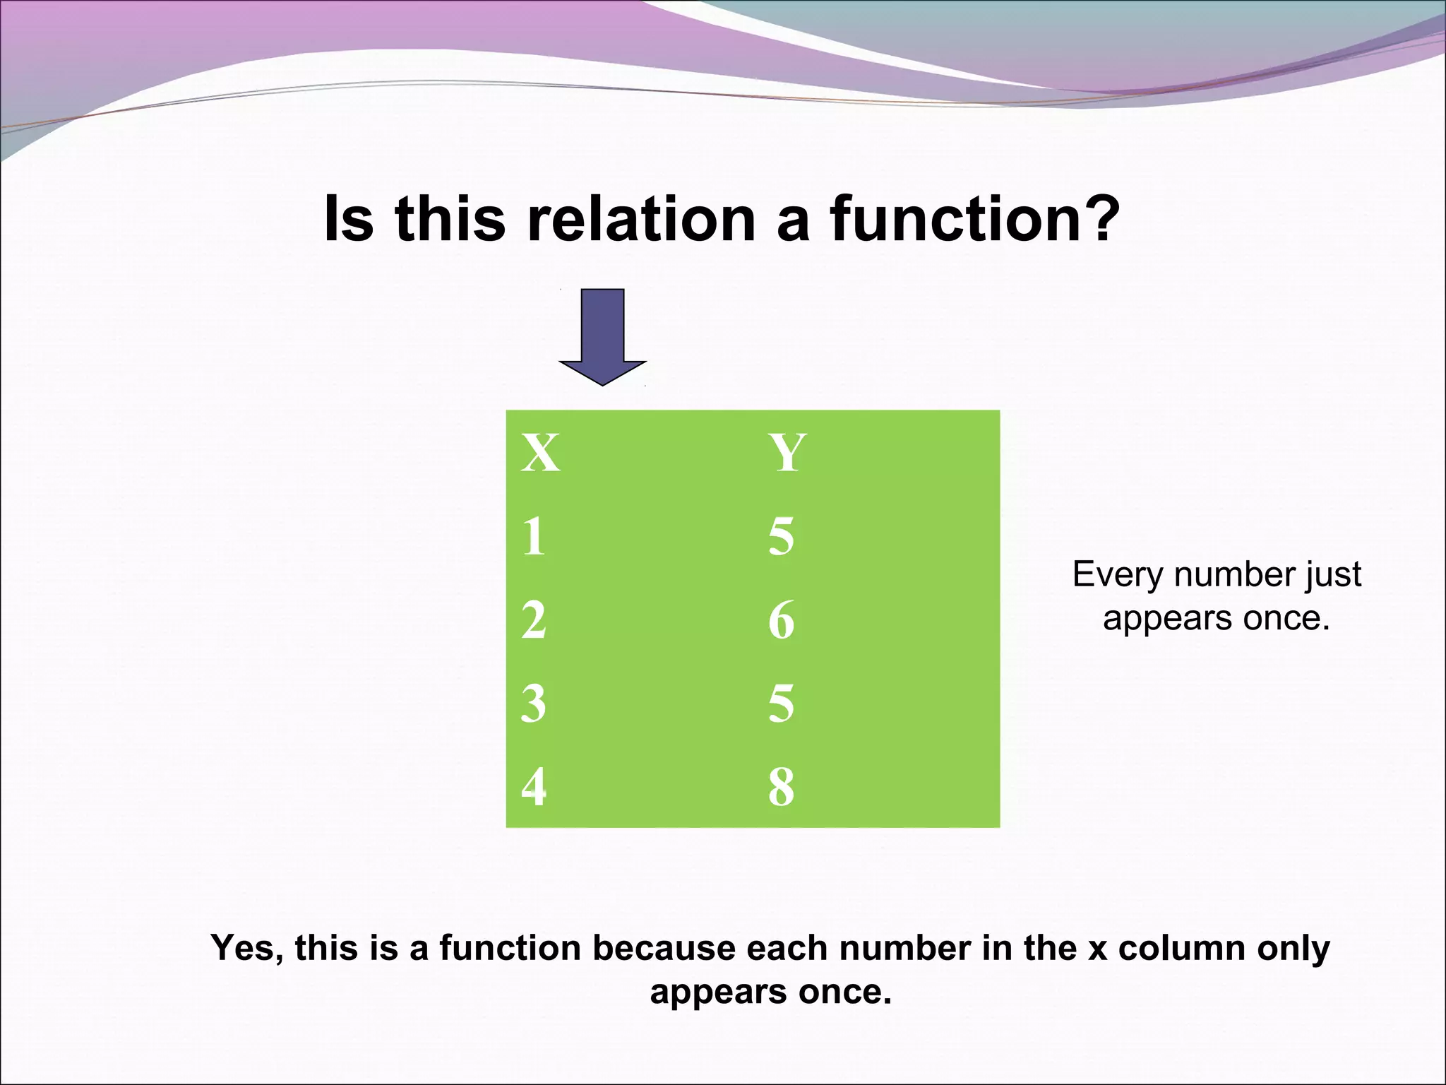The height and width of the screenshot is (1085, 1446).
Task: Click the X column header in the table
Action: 541,453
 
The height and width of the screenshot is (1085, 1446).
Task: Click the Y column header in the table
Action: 787,453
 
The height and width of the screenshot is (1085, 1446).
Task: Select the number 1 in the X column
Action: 534,536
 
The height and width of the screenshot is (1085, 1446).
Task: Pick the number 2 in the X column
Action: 534,620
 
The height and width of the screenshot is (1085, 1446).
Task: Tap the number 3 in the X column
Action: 534,704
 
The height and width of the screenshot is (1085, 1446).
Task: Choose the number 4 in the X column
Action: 534,787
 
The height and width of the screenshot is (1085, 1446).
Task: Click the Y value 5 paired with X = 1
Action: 781,536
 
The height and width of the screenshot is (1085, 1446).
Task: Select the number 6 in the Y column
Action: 781,620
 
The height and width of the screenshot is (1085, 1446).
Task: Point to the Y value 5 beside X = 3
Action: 781,704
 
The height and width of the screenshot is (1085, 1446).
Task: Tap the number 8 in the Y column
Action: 781,787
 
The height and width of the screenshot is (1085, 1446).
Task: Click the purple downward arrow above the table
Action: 602,336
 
